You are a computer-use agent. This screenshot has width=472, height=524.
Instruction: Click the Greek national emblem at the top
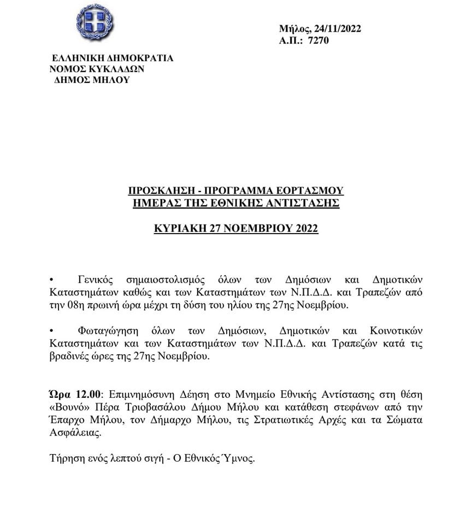[x=95, y=22]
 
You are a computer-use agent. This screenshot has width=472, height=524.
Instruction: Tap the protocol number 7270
[x=318, y=40]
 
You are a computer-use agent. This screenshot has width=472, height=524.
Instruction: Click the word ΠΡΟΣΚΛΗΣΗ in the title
[x=159, y=191]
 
